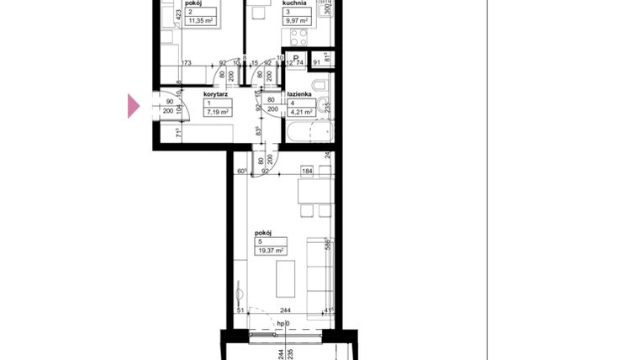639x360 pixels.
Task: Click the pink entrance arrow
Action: pyautogui.click(x=133, y=106)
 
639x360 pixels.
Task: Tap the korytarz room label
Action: pyautogui.click(x=217, y=95)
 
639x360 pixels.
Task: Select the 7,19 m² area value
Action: pyautogui.click(x=218, y=111)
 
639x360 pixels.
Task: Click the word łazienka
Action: pyautogui.click(x=300, y=95)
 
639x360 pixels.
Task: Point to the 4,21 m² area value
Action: pyautogui.click(x=302, y=111)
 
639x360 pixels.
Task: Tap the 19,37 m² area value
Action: pyautogui.click(x=271, y=250)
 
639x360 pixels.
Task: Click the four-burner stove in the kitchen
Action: pyautogui.click(x=298, y=35)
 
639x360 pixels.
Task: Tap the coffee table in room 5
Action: pyautogui.click(x=286, y=278)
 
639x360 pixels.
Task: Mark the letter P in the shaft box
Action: pyautogui.click(x=295, y=59)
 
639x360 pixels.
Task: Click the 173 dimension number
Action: pyautogui.click(x=187, y=62)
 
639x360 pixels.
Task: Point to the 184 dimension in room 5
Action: pyautogui.click(x=307, y=172)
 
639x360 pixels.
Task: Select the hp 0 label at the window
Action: pyautogui.click(x=283, y=324)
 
